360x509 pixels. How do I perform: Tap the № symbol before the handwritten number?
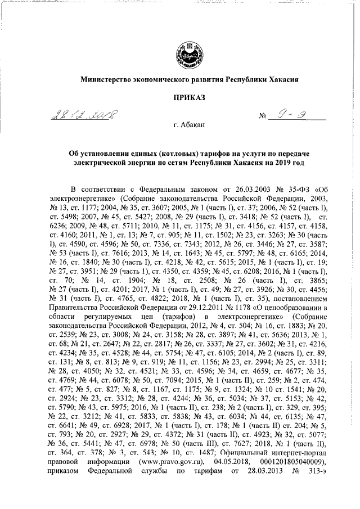click(x=262, y=117)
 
